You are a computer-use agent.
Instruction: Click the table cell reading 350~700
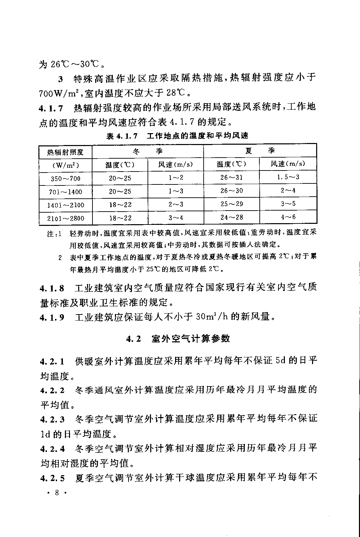coord(66,178)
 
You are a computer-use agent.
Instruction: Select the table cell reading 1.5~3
coord(288,177)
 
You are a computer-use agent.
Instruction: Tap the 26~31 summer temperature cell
coord(231,177)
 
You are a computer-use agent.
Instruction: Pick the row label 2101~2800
coord(66,218)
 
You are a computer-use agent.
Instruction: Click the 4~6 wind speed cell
coord(288,217)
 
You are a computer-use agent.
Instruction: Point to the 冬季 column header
coord(148,151)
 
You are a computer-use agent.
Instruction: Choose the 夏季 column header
coord(260,150)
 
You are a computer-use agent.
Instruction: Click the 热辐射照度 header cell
coord(65,152)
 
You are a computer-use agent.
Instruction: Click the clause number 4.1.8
coord(52,289)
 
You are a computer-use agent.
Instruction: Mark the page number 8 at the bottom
coord(57,493)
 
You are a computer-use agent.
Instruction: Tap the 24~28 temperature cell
coord(231,217)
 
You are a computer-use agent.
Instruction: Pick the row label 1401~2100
coord(66,205)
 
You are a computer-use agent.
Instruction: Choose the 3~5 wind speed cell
coord(288,204)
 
